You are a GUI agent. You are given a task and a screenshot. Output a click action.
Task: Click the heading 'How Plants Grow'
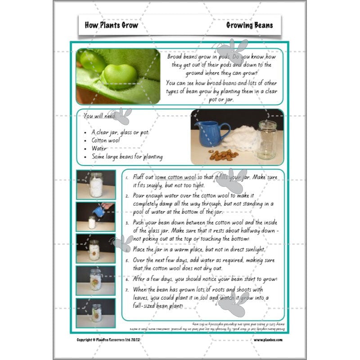coord(111,25)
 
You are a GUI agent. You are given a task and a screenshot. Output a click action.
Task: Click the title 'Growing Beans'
coord(249,25)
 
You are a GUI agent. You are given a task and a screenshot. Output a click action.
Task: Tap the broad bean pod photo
coord(118,76)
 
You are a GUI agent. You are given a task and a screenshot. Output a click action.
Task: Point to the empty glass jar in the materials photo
coord(267,140)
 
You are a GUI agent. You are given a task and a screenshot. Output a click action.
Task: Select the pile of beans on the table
coord(223,155)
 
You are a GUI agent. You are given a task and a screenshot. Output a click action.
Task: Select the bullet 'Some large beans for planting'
coord(127,157)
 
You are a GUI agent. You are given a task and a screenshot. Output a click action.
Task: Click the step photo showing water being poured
coord(95,216)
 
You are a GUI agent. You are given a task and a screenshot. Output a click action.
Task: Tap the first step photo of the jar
coord(95,184)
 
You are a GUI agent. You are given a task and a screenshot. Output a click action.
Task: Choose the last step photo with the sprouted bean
coord(95,313)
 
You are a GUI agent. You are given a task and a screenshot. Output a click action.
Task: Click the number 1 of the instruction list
coord(128,178)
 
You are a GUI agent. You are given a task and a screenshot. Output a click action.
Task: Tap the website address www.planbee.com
coord(269,340)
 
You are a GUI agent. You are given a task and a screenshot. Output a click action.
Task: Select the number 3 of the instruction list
coord(128,222)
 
